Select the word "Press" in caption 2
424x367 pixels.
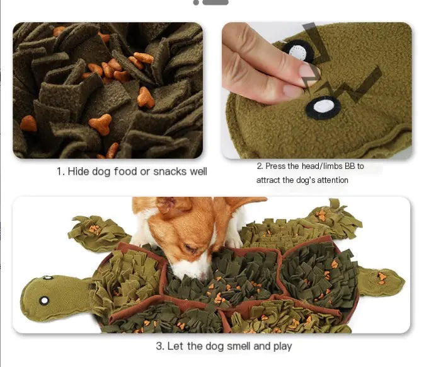(277, 166)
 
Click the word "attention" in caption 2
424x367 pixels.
(328, 180)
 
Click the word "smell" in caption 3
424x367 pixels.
(235, 346)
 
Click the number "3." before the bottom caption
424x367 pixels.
(161, 346)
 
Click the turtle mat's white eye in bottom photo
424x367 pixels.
(45, 300)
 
